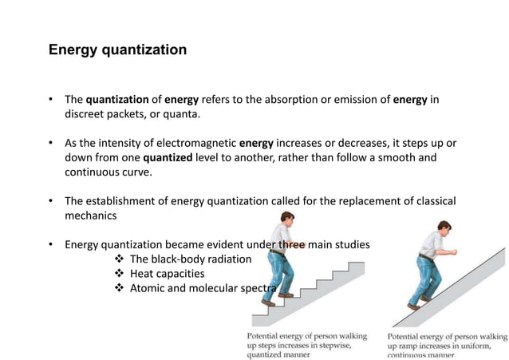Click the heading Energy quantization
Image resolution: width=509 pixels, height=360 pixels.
click(117, 50)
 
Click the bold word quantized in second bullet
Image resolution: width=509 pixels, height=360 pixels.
click(168, 157)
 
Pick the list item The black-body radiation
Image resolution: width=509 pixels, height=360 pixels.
click(190, 259)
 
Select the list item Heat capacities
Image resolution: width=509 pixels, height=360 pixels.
click(167, 273)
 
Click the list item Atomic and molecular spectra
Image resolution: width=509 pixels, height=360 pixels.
click(203, 287)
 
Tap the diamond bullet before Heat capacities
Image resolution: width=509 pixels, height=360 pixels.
click(120, 273)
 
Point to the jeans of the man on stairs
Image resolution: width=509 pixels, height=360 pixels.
click(278, 275)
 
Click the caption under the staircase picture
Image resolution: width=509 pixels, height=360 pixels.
click(307, 345)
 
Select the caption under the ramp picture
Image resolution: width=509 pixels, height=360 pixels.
click(447, 345)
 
